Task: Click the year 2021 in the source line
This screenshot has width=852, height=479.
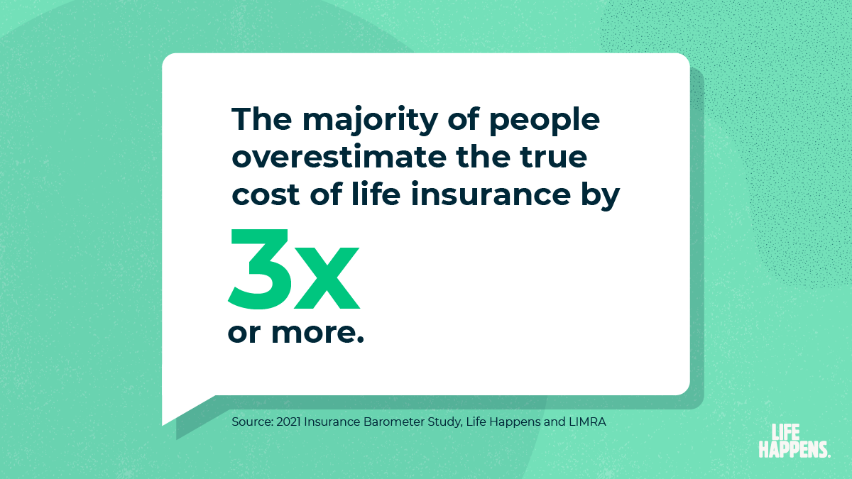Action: pos(293,422)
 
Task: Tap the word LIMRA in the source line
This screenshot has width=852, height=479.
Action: pos(589,422)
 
